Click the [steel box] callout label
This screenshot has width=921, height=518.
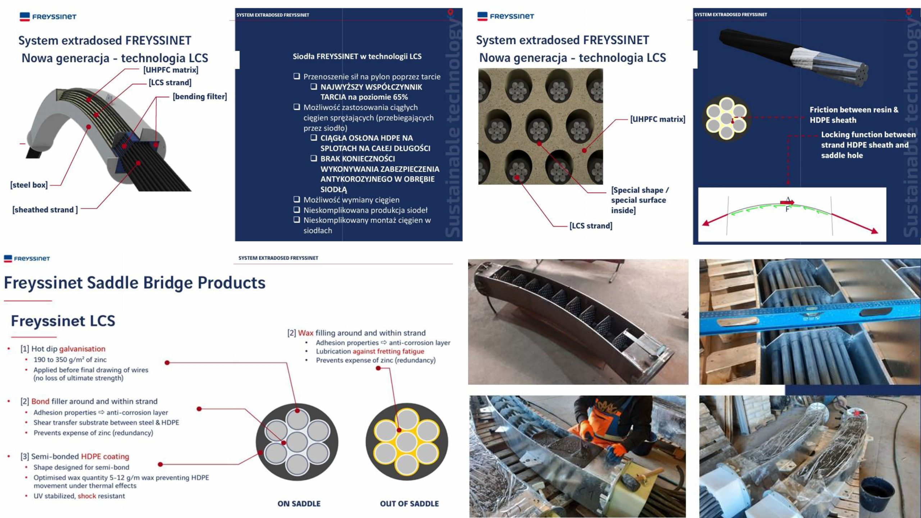[29, 185]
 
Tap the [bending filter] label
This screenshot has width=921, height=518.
[200, 96]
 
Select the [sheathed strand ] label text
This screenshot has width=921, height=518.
[45, 210]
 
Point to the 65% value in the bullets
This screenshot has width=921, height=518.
[400, 97]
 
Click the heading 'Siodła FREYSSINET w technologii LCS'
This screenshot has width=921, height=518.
[357, 56]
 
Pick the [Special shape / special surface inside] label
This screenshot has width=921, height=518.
[639, 200]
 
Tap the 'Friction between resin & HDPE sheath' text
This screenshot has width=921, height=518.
[854, 115]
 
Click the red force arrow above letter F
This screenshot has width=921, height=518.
[787, 202]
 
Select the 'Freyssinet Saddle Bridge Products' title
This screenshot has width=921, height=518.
[135, 282]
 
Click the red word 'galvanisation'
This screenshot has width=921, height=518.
[82, 349]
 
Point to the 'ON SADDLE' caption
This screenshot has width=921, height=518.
[299, 504]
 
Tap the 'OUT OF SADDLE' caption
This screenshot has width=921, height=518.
[409, 504]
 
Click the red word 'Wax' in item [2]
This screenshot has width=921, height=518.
[305, 333]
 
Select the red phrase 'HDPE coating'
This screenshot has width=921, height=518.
[105, 456]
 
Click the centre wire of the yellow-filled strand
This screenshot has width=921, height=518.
[407, 442]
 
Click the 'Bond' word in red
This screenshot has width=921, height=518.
[40, 401]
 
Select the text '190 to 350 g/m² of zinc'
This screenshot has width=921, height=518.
[70, 359]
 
